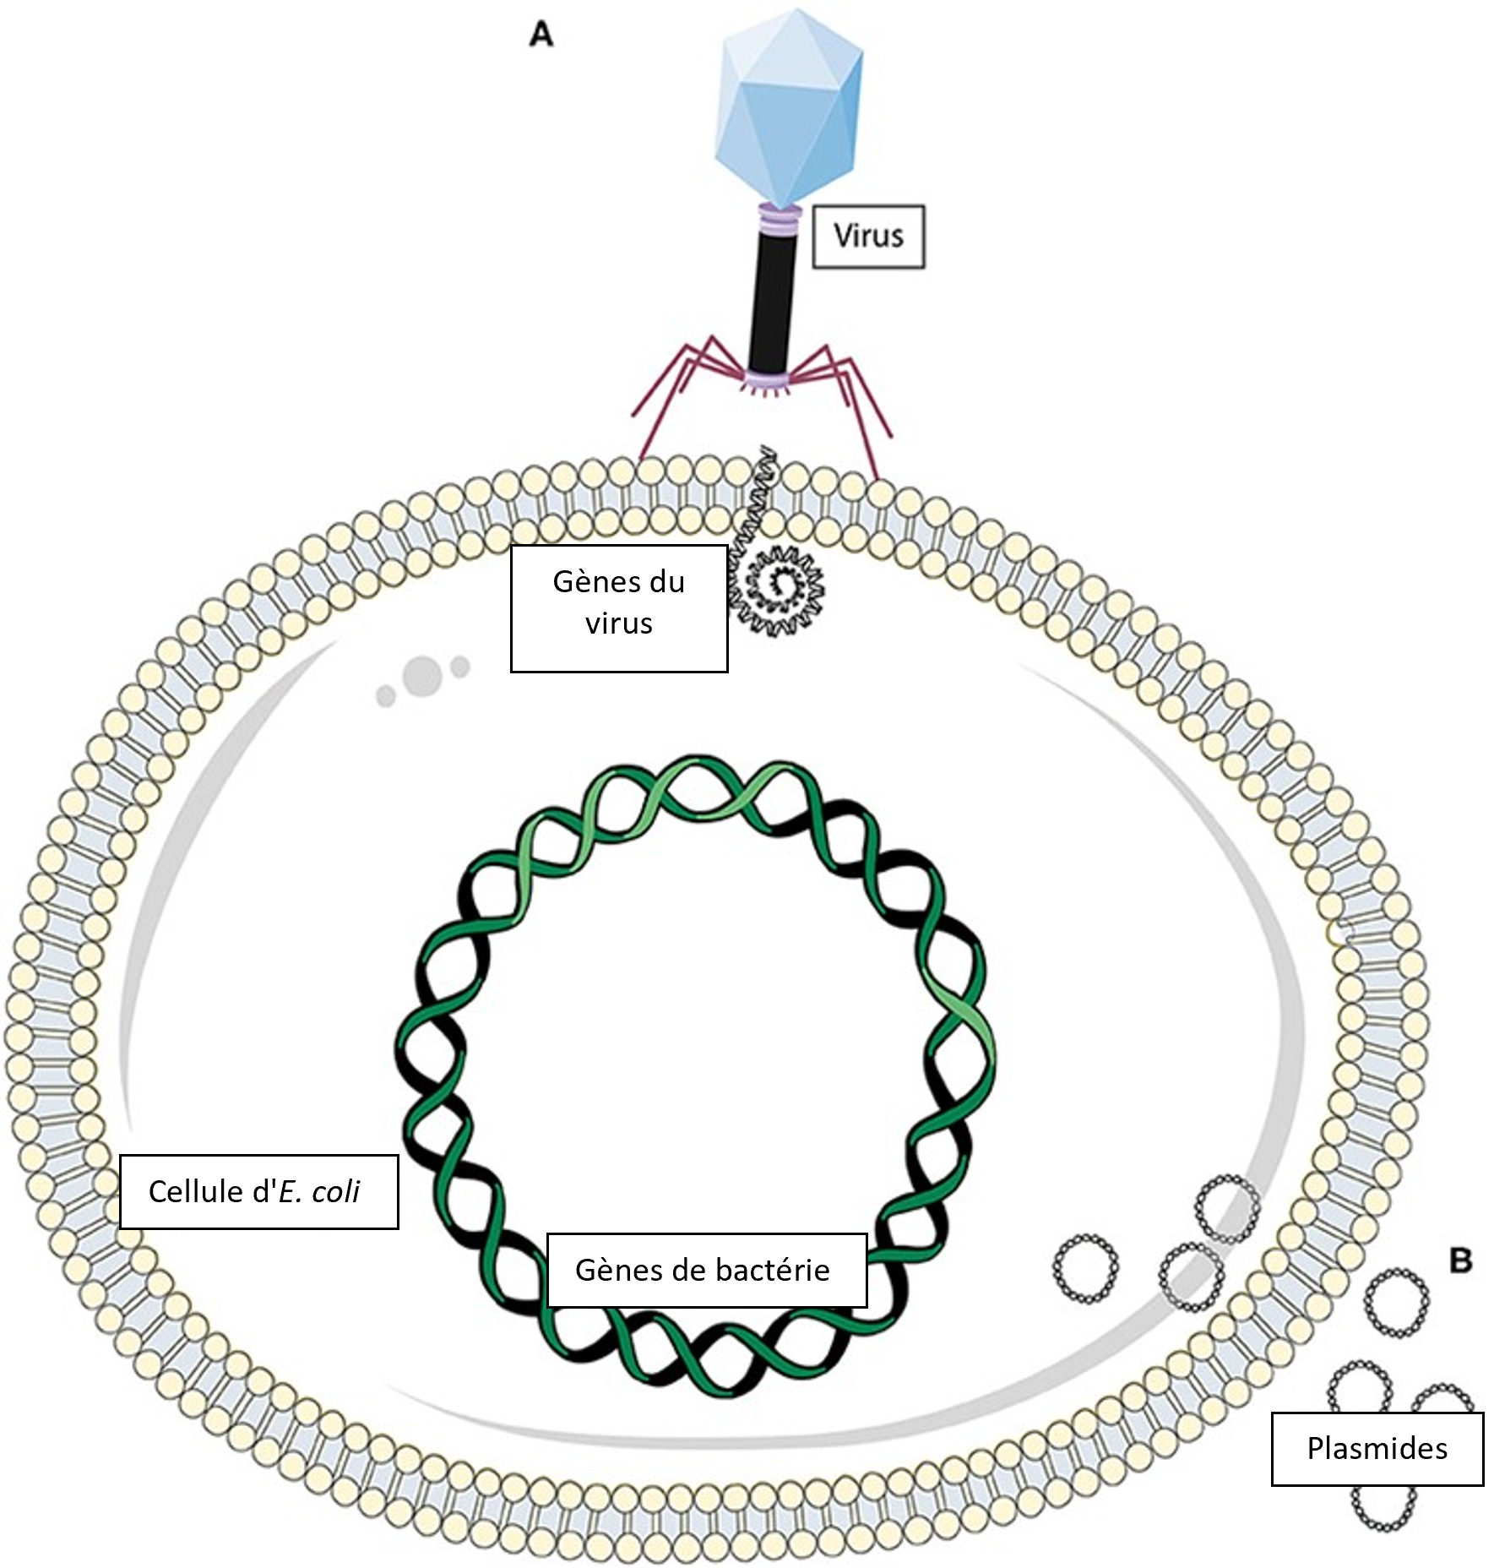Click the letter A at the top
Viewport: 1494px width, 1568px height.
click(x=541, y=35)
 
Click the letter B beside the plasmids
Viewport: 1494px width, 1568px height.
click(x=1460, y=1260)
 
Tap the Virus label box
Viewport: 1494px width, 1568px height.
click(x=868, y=236)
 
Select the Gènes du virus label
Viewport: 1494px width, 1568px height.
click(x=619, y=608)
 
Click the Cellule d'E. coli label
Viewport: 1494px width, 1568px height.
click(x=258, y=1191)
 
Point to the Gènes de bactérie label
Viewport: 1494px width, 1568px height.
click(x=707, y=1270)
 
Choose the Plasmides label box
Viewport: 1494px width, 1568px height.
click(x=1377, y=1448)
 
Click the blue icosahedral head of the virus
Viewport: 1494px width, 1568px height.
click(x=789, y=105)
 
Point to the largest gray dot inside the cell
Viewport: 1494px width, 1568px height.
click(x=422, y=675)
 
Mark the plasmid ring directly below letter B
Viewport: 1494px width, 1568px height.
click(x=1396, y=1302)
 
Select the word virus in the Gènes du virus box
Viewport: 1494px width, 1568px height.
click(x=619, y=623)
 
